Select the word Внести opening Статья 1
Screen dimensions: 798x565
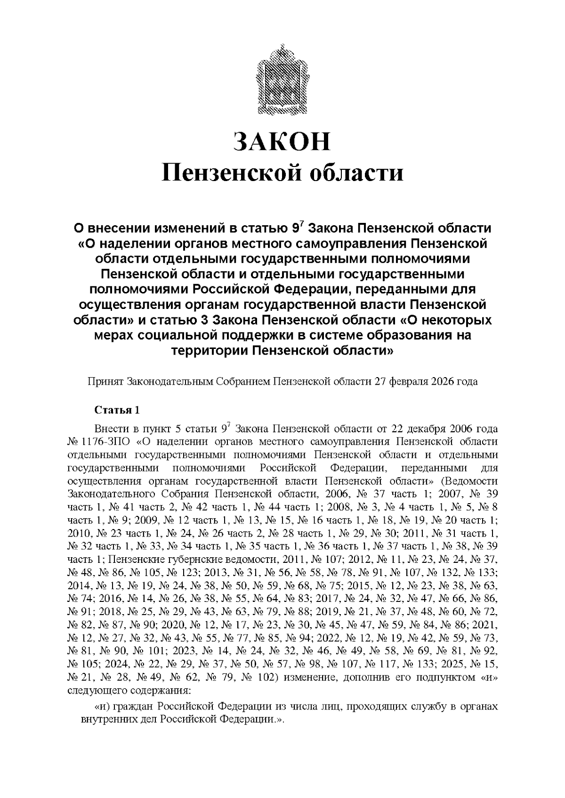(109, 429)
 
